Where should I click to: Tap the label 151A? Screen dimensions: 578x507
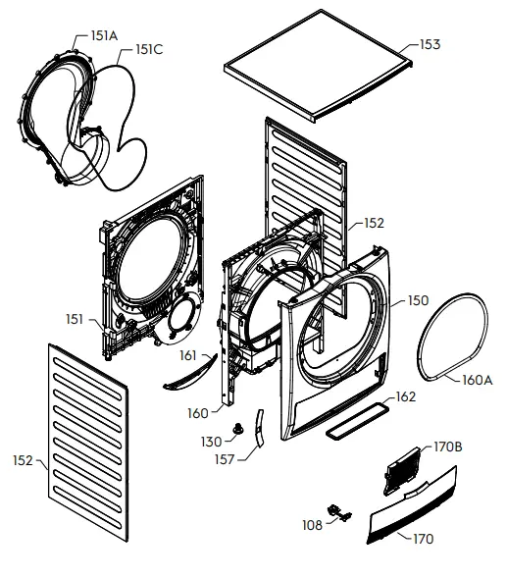tap(103, 35)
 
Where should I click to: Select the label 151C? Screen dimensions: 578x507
tap(150, 49)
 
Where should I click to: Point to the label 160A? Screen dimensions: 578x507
tap(478, 380)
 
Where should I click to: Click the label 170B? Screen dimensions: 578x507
tap(447, 447)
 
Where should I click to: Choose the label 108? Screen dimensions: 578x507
tap(312, 525)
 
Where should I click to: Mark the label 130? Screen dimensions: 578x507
tap(212, 441)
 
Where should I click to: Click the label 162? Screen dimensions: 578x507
tap(405, 397)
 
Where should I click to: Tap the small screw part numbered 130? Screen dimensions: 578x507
tap(237, 429)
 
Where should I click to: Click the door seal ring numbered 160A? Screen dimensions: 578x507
tap(458, 333)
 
